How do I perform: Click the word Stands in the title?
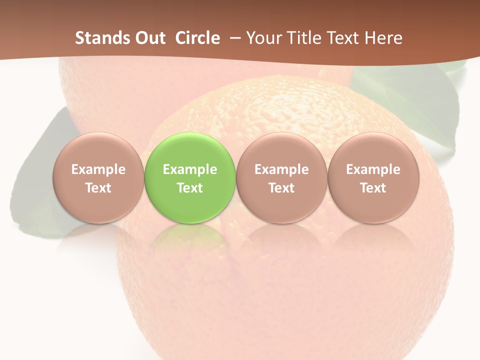pos(102,38)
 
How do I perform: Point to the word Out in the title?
pos(149,38)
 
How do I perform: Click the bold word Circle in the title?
pos(197,38)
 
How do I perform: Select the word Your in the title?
pos(263,38)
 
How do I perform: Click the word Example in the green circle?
pos(190,169)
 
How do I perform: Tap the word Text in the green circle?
pos(190,188)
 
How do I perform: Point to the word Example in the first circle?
pos(98,169)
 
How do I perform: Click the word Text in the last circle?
pos(373,188)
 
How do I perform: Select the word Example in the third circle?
pos(281,169)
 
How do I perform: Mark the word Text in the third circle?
pos(281,188)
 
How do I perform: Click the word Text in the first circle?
pos(98,188)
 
